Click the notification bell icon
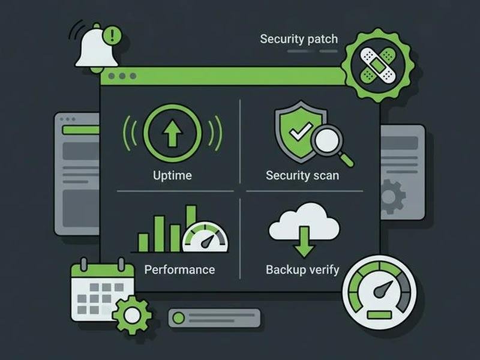tap(97, 48)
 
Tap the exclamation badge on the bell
tap(112, 35)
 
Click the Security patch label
tap(299, 39)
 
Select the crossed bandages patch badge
tap(378, 65)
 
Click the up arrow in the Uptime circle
tap(173, 133)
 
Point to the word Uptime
tap(172, 175)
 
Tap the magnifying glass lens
tap(326, 139)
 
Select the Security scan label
tap(302, 175)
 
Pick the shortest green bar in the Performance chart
tap(143, 243)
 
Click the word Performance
tap(179, 269)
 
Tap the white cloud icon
tap(304, 220)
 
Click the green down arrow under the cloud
tap(304, 242)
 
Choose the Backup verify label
tap(302, 269)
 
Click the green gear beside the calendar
tap(132, 316)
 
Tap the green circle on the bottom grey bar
tap(178, 318)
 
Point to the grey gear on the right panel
tap(392, 197)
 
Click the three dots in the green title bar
tap(122, 76)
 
